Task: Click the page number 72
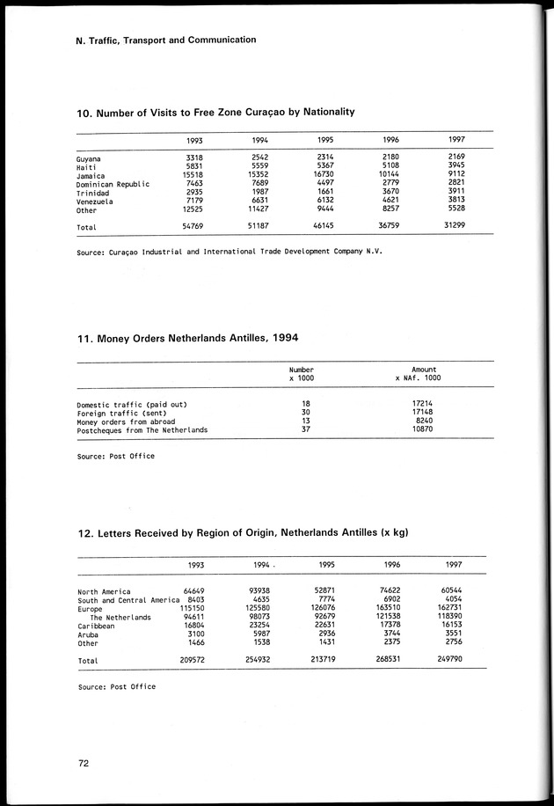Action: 84,765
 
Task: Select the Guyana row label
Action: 89,159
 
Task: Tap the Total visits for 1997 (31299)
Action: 456,226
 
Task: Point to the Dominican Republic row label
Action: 113,185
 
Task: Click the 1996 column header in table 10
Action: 391,141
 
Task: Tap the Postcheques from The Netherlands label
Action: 142,430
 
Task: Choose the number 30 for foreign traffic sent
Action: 305,413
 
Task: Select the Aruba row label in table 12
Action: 89,634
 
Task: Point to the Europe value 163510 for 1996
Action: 388,608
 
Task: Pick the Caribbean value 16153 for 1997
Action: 457,626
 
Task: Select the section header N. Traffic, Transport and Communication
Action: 166,40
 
